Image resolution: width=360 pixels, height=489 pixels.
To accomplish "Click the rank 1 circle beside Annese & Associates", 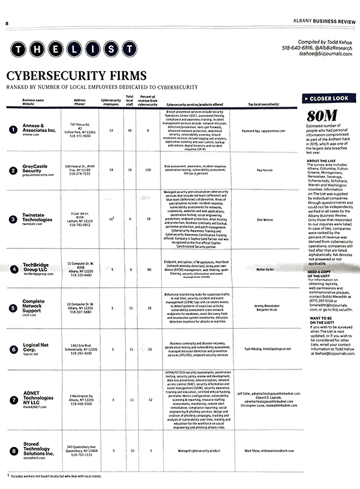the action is click(x=12, y=130).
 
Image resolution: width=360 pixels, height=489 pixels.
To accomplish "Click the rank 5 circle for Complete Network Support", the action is click(x=12, y=307).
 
